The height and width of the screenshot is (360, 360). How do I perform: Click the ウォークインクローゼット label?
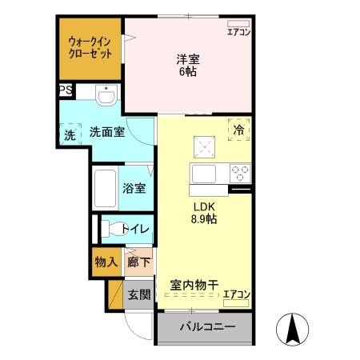[89, 47]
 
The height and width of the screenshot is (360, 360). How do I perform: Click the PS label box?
[64, 91]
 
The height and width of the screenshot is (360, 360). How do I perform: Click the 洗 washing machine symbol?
[70, 135]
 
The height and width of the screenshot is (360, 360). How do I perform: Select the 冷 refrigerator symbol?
[238, 129]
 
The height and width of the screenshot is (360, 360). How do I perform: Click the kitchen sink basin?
[202, 174]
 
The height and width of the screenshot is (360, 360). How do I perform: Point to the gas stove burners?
[240, 172]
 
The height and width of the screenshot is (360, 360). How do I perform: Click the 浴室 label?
[134, 189]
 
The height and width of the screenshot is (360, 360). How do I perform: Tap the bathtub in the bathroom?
[105, 190]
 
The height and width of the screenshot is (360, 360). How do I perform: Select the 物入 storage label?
[106, 262]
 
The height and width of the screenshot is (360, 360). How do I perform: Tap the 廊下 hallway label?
[138, 262]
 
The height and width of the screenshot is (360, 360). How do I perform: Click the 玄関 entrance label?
[139, 294]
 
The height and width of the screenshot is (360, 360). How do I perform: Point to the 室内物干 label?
[194, 285]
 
